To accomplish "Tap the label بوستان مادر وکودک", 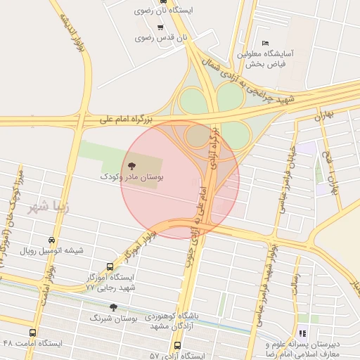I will (x=137, y=179).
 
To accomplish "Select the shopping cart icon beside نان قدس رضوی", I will (x=161, y=27).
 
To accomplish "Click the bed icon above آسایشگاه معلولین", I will (x=264, y=43).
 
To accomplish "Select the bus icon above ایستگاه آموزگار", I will (x=110, y=266).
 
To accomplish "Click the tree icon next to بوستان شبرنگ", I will (x=114, y=307).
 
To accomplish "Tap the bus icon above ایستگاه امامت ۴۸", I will (x=32, y=333).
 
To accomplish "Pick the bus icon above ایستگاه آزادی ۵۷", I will (x=176, y=346).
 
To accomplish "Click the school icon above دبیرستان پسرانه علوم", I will (x=302, y=333).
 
